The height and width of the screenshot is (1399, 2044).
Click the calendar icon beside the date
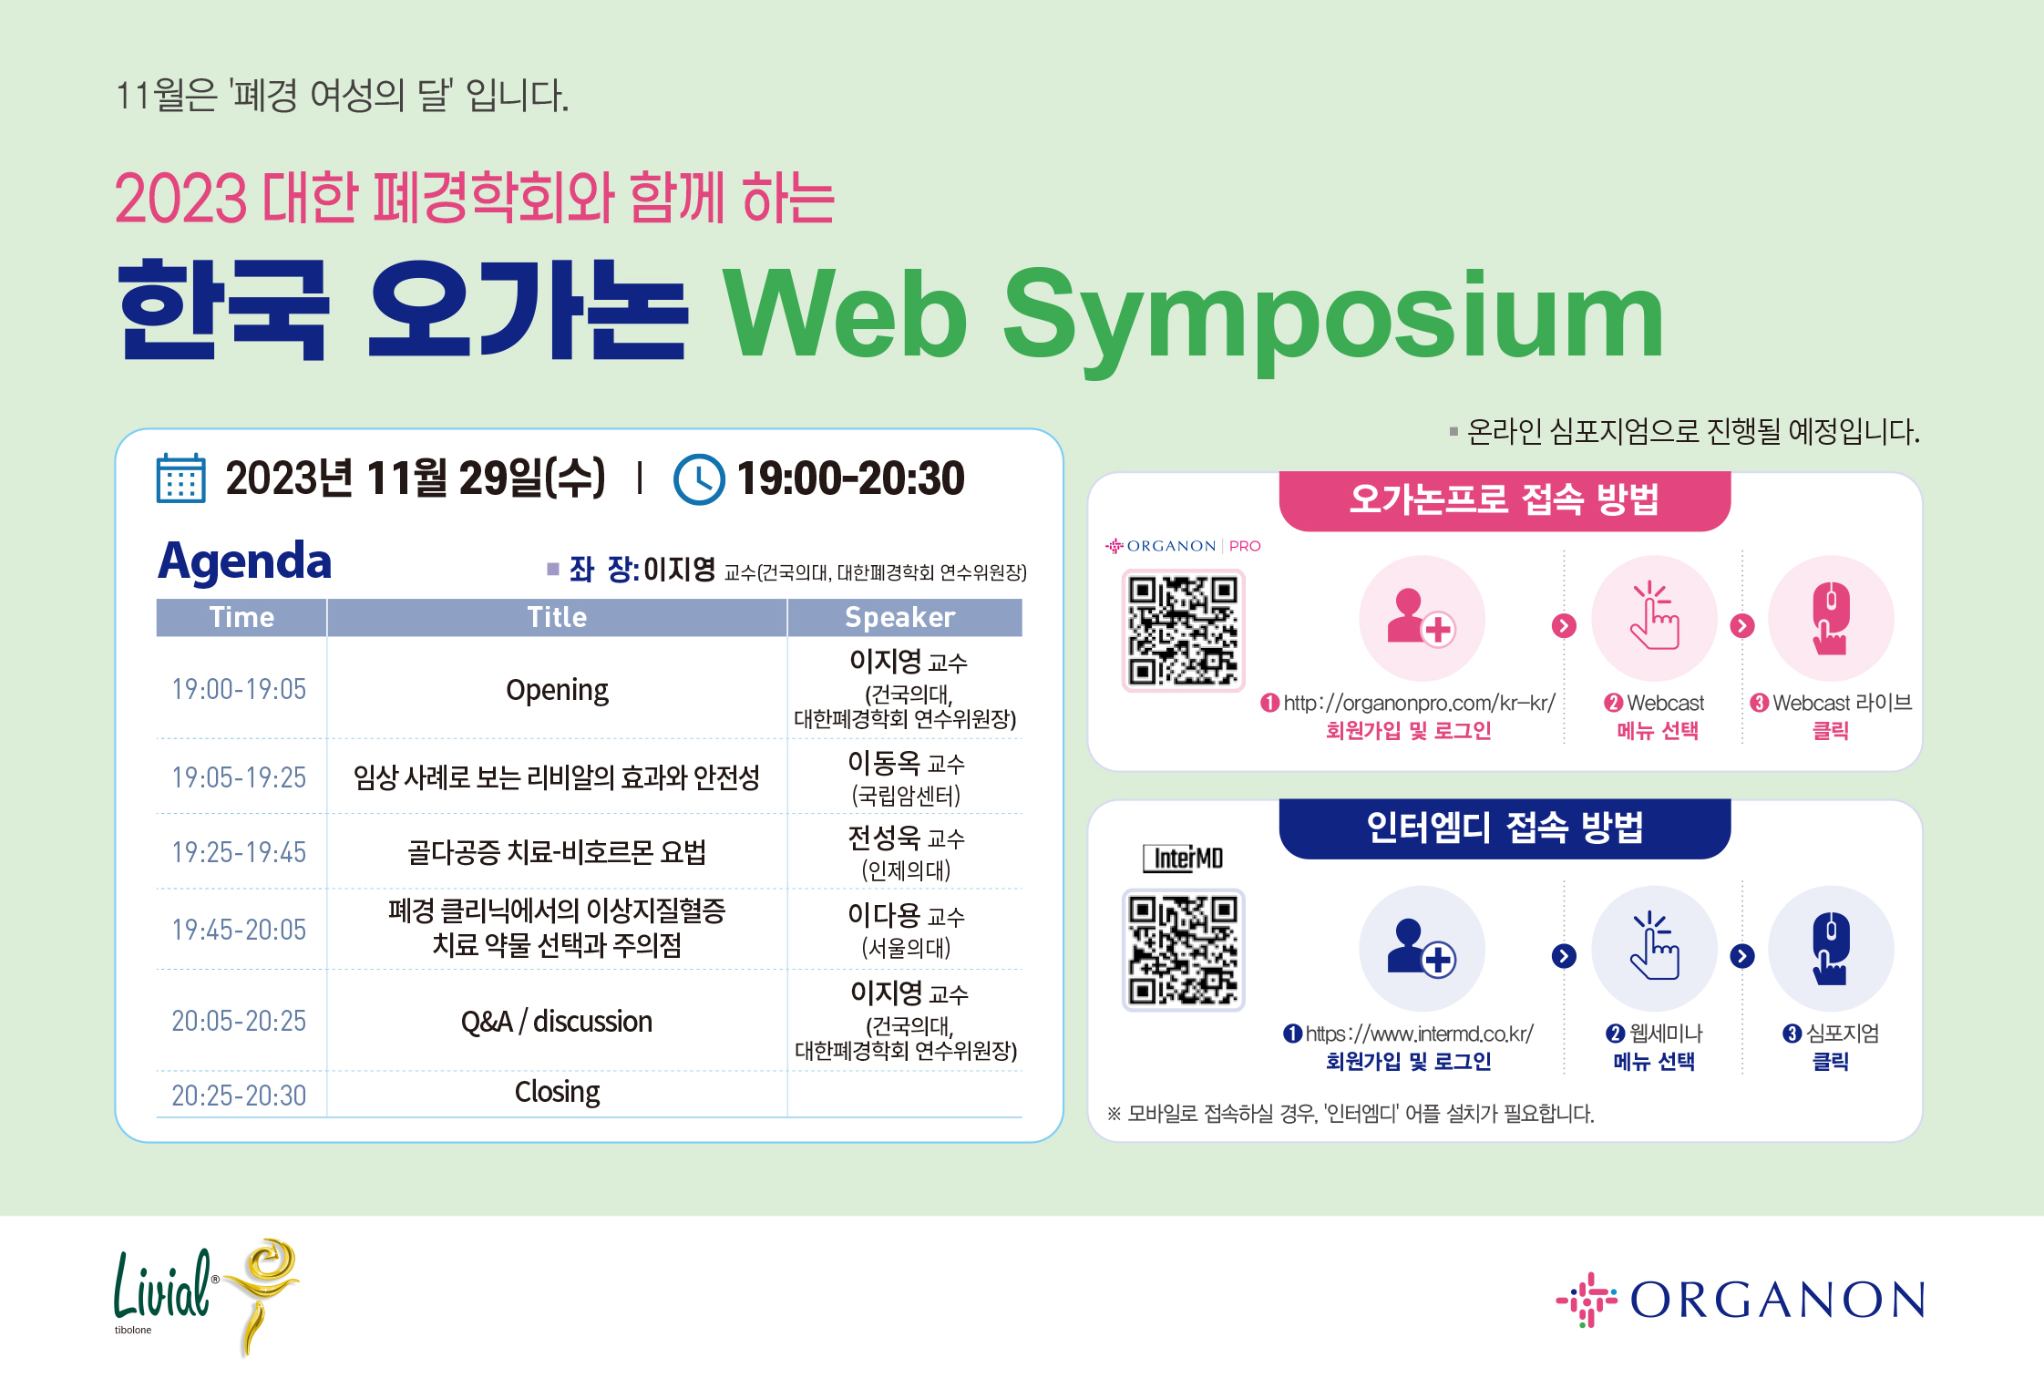[180, 478]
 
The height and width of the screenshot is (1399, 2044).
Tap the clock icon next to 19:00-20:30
[699, 479]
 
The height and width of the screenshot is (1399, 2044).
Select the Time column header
[241, 617]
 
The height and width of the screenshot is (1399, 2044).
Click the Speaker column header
[900, 617]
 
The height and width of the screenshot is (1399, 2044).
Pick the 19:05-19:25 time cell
[240, 777]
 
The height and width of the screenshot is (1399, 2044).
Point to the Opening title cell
[557, 690]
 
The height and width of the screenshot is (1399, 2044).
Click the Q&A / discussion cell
[557, 1022]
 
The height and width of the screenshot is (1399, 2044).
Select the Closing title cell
[557, 1092]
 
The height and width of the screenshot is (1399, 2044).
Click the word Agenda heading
[245, 561]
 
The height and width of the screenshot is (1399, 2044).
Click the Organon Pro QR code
[1183, 631]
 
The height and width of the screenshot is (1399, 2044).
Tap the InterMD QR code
[1183, 950]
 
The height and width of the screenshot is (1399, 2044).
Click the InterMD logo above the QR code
[1183, 858]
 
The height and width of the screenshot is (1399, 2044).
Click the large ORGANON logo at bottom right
[1741, 1300]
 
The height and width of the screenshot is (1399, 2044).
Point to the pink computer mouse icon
[1831, 619]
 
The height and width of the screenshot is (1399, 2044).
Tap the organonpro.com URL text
[1419, 703]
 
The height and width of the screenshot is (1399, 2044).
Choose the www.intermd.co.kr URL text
[1419, 1034]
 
